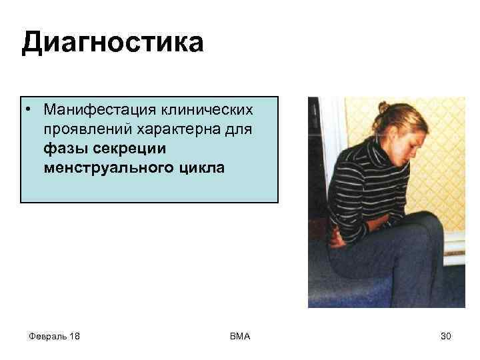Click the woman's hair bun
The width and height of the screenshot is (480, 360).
coord(383,107)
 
